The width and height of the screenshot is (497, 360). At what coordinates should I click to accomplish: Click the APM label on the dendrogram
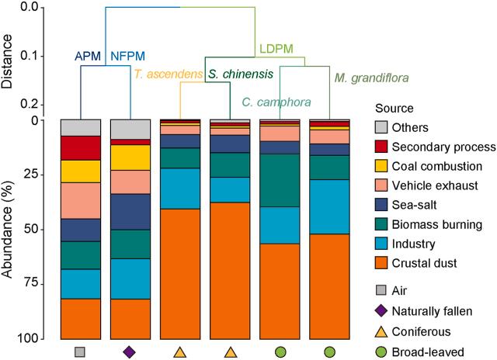(87, 57)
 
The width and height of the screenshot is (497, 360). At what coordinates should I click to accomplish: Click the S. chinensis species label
(241, 74)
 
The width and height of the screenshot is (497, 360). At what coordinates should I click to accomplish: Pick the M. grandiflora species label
(372, 78)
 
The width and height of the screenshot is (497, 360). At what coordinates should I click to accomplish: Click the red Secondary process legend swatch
(381, 147)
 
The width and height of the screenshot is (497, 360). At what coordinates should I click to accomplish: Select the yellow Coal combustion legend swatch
(381, 167)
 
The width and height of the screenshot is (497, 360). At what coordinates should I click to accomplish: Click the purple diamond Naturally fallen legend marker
(381, 311)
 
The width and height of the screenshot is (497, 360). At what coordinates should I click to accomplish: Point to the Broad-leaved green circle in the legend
(381, 351)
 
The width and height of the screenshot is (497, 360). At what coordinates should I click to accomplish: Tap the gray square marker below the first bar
(80, 351)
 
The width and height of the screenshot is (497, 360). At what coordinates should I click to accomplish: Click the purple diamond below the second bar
(130, 351)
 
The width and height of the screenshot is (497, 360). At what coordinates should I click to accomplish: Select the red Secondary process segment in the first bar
(80, 147)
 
